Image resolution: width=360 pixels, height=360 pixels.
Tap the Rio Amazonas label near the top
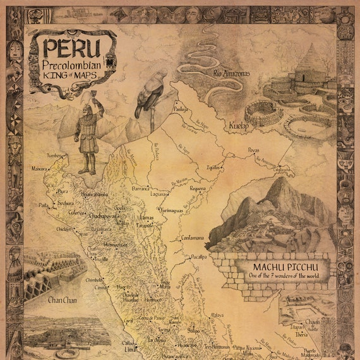point(231,74)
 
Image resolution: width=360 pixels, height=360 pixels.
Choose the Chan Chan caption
point(63,299)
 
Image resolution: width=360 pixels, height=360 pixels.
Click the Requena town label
point(198,188)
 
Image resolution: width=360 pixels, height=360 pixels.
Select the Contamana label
point(193,237)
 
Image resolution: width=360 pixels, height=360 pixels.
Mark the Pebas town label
point(253,150)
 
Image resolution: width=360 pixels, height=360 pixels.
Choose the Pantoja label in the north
point(182,109)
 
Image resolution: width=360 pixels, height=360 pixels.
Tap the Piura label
point(62,191)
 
